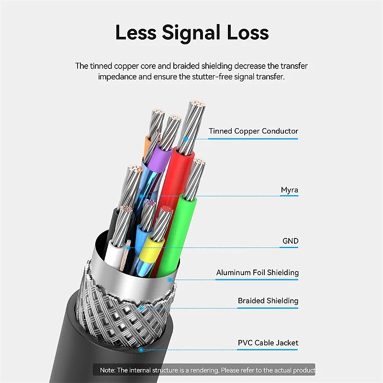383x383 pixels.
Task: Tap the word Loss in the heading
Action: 248,32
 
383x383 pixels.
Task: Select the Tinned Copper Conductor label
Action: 253,131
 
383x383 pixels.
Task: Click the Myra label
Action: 290,190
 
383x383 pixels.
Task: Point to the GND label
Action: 291,241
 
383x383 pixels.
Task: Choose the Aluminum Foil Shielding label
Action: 258,272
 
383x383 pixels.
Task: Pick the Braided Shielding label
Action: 268,301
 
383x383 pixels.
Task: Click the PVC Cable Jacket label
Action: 268,343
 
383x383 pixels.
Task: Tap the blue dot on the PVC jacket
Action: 141,350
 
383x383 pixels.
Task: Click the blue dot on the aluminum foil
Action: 170,280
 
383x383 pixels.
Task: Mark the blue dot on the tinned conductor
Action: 186,139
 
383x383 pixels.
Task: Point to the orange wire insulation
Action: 148,146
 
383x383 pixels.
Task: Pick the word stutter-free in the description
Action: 212,77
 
